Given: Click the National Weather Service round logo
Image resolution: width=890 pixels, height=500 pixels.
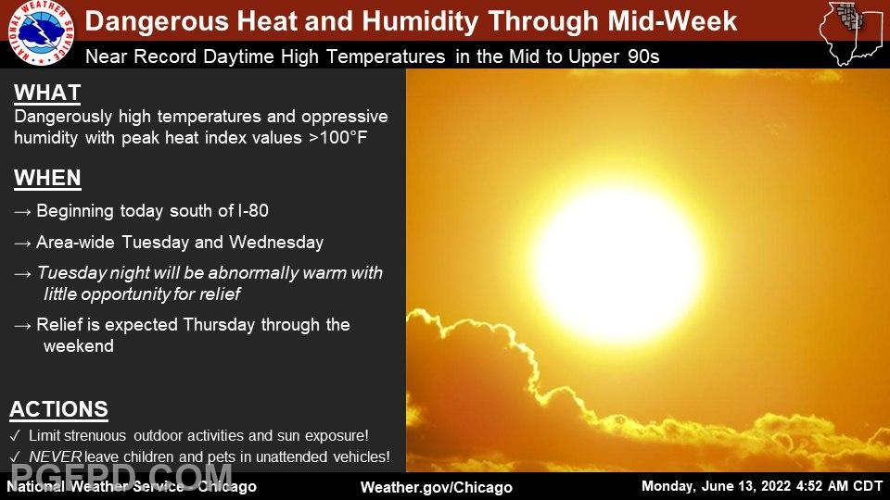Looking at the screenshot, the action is point(42,32).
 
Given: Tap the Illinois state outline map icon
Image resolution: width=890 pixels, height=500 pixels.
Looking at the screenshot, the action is point(851,33).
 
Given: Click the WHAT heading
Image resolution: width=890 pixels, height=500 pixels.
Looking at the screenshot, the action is point(47,93).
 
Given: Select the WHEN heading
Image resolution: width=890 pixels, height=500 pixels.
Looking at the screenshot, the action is point(47,178).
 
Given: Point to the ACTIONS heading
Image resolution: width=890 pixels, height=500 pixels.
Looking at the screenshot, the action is point(59,409).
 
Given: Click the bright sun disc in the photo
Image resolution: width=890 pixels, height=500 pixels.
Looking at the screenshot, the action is point(618,264).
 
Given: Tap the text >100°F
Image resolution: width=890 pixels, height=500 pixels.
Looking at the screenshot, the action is point(337,138).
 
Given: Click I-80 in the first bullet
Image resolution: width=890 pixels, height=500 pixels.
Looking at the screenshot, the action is point(253,211).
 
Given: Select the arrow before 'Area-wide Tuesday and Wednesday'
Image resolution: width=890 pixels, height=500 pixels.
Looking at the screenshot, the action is point(22,244).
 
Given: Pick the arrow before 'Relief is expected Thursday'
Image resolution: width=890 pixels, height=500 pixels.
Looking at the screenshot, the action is point(22,326).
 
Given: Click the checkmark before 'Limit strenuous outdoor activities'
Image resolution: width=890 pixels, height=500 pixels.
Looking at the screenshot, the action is point(16,435).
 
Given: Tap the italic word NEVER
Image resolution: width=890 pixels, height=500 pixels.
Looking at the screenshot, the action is point(56,456).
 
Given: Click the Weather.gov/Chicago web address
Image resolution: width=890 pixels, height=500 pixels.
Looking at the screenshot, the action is point(437,488).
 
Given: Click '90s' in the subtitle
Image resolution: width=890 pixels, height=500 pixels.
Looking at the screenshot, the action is point(643,56).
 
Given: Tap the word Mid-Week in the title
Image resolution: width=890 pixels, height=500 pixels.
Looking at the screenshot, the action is point(672,21).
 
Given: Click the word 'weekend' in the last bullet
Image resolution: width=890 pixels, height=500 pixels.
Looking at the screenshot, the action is point(78,346).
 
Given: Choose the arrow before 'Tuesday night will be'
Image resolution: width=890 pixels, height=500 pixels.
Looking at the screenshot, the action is point(22,274).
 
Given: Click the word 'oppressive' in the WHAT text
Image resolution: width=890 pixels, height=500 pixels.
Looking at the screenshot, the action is point(345,118).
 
